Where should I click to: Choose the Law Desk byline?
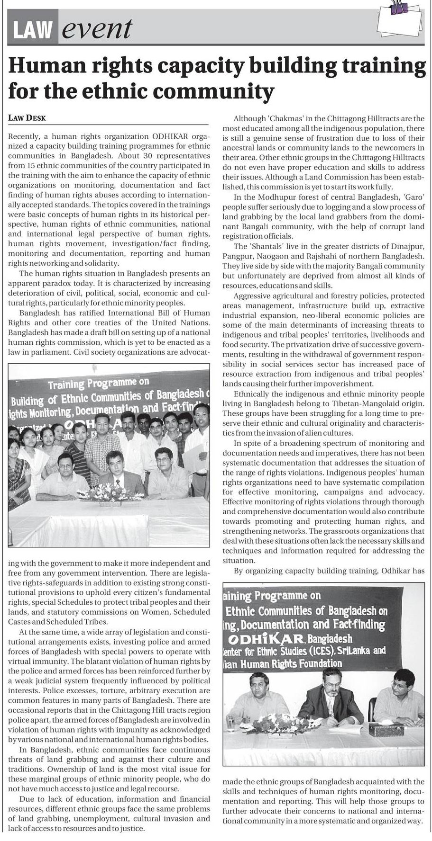coord(27,117)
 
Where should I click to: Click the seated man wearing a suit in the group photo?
coord(123,474)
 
